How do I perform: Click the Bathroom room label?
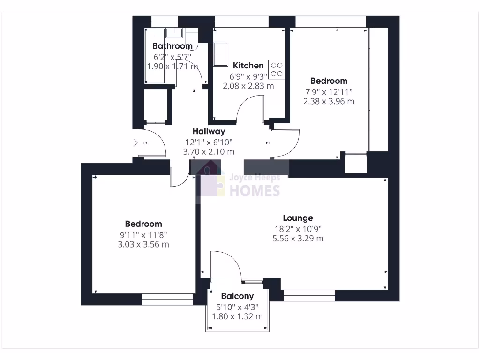172,46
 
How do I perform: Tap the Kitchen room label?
248,66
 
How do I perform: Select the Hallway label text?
209,131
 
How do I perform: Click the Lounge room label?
298,218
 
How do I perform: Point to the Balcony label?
237,296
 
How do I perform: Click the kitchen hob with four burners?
276,69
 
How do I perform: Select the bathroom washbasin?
174,32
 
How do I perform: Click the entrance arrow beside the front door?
134,142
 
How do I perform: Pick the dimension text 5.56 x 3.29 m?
298,239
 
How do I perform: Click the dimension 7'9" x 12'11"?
328,91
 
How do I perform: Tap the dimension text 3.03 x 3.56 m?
143,245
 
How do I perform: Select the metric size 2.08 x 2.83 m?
248,86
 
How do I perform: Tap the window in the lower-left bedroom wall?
168,299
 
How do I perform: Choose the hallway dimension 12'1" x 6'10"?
209,142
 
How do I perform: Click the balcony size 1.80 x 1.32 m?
237,317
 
